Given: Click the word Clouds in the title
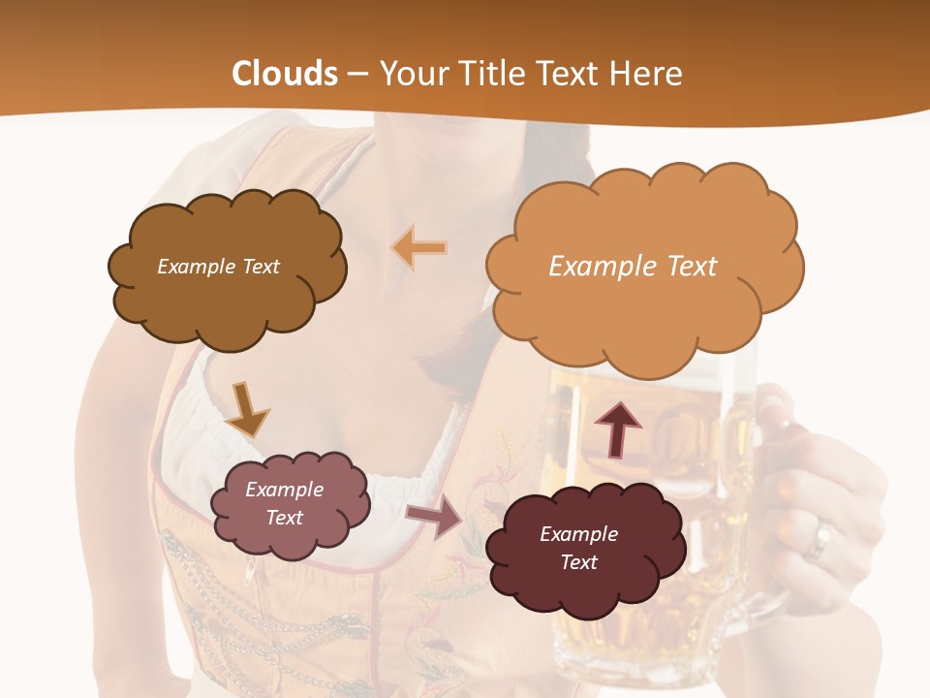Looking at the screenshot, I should [x=285, y=74].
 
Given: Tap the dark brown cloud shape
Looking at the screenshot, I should [x=227, y=291].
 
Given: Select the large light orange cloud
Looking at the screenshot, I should [x=644, y=301].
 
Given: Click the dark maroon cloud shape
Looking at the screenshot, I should [x=585, y=582].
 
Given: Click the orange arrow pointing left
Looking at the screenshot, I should [x=419, y=248].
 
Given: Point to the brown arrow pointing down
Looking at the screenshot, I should [x=247, y=409].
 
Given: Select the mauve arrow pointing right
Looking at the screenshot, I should [x=434, y=517].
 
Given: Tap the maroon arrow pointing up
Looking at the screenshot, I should [x=617, y=429].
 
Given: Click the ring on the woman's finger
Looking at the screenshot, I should [x=821, y=539].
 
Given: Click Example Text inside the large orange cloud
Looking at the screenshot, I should [x=633, y=266].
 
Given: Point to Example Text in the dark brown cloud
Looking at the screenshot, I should [x=218, y=266].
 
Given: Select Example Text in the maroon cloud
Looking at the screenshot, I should [x=578, y=548].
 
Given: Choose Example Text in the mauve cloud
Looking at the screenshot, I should [x=284, y=503].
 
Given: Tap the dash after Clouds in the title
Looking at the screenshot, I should [x=358, y=75].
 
